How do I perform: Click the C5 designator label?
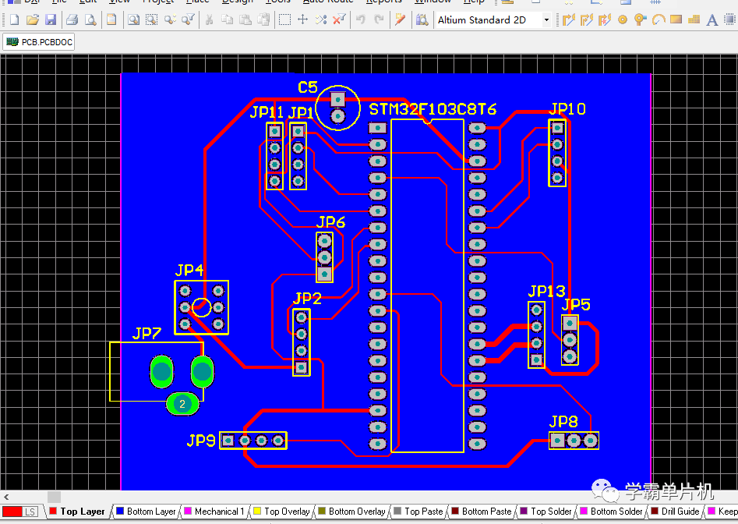(x=307, y=87)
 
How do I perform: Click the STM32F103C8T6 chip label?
(x=433, y=109)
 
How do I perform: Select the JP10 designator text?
(x=567, y=109)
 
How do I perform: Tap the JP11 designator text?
(x=267, y=112)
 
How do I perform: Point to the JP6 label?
(x=330, y=222)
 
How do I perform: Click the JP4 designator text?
(x=189, y=270)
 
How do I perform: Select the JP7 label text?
(x=147, y=334)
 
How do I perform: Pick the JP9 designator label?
(x=200, y=441)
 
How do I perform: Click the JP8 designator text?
(x=563, y=422)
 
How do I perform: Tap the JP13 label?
(x=546, y=292)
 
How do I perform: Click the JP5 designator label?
(x=576, y=304)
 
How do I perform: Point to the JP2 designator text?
(x=307, y=298)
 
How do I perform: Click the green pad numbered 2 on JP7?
(x=182, y=403)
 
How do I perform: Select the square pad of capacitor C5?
(x=337, y=99)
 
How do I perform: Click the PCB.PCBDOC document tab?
(x=40, y=41)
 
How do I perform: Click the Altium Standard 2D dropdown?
(x=493, y=19)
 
